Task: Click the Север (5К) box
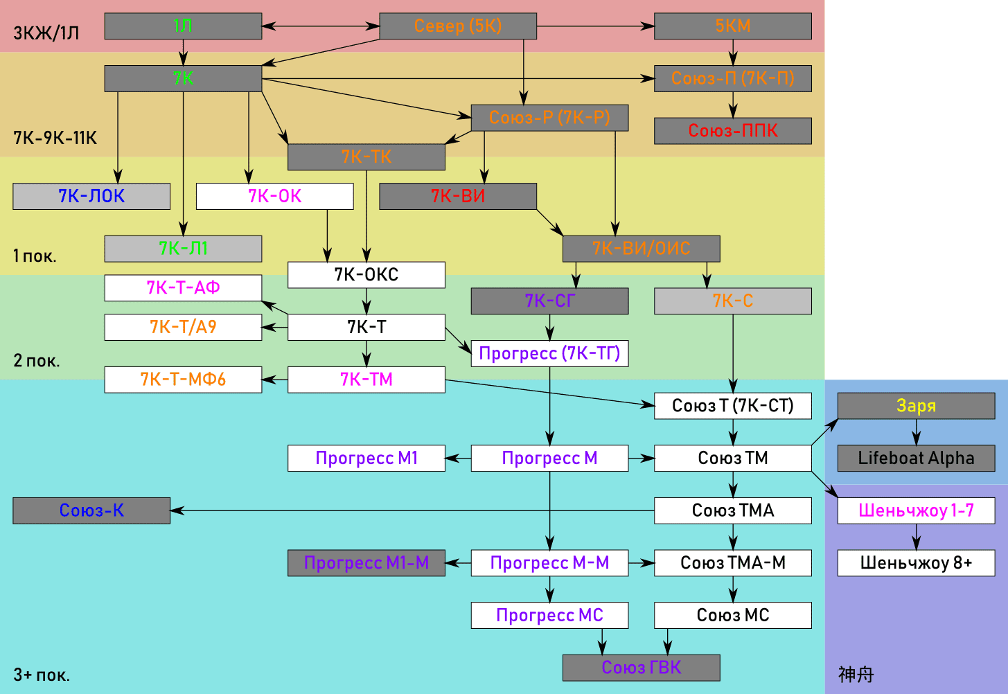click(457, 26)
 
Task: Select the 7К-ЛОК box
click(91, 196)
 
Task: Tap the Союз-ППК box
click(733, 131)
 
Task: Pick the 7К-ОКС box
click(366, 275)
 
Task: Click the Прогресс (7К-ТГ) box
click(549, 353)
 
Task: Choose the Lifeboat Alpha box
click(916, 458)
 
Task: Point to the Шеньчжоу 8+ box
click(916, 563)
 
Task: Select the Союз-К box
click(91, 510)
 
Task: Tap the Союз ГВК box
click(641, 668)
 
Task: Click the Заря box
click(916, 406)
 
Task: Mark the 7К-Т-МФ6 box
click(183, 380)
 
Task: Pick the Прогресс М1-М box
click(366, 563)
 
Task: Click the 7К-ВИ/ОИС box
click(641, 249)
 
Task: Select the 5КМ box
click(733, 26)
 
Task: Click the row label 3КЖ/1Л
click(46, 33)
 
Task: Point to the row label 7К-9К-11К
click(55, 138)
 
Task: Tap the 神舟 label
click(856, 675)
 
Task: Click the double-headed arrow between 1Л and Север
click(321, 26)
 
